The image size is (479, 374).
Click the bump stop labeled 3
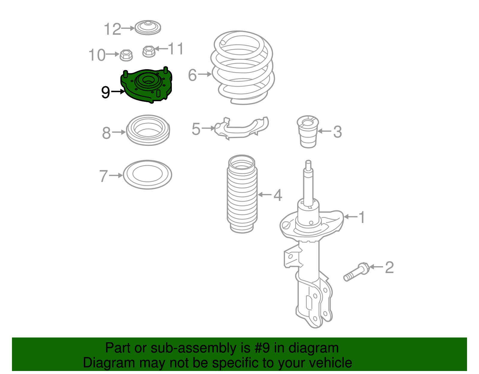tap(308, 131)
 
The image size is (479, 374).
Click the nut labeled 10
tap(126, 55)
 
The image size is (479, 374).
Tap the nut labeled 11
tap(149, 51)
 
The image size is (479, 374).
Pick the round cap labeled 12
tap(148, 28)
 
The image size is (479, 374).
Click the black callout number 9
tap(105, 92)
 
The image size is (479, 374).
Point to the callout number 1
tap(362, 217)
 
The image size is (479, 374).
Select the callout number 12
tap(113, 29)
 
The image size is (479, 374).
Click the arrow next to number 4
tap(265, 195)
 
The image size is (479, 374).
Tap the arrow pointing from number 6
tap(205, 74)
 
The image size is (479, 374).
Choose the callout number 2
tap(389, 267)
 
